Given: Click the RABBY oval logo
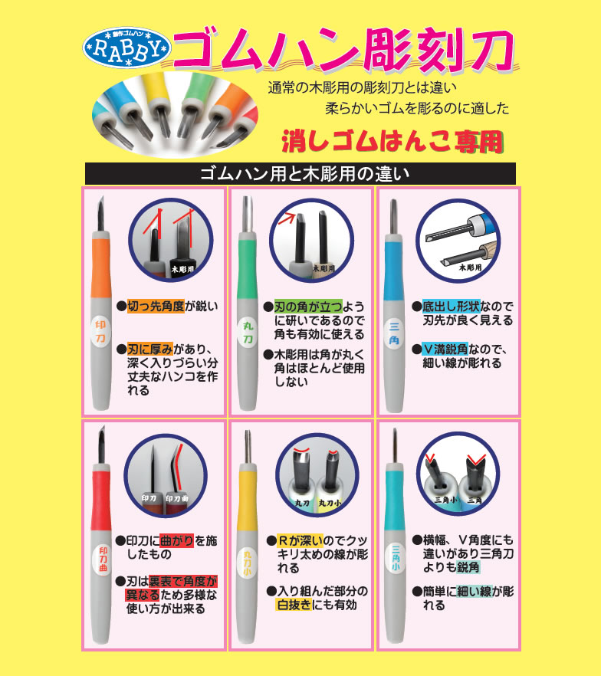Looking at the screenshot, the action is coord(126,47).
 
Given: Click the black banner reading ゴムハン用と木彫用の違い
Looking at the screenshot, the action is coord(300,173).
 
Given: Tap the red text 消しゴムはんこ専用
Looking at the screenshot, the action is coord(392,142).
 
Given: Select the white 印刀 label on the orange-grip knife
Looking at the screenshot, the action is coord(100,332).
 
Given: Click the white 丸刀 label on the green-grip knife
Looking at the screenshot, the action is coord(248,333).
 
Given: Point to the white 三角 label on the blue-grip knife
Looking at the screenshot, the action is coord(394,333).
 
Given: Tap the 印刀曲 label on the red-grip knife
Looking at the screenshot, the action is coord(103,560).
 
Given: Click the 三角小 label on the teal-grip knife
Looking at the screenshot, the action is coord(396,558).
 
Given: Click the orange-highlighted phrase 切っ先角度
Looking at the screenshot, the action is coord(156,306).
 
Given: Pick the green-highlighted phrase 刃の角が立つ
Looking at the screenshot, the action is coord(308,307).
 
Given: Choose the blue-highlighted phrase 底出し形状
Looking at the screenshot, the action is coord(451,307).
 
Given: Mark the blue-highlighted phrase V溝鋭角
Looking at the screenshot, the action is coord(445,349).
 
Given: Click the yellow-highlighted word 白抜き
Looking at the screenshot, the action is coord(294,605).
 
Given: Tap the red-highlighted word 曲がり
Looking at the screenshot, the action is coord(176,540).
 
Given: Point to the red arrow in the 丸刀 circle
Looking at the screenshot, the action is coord(287,218).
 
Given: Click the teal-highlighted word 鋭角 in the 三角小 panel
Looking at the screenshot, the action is coord(468,567).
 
